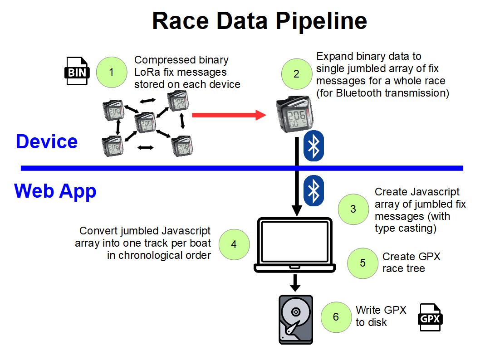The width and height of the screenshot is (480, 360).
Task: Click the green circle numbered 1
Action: [112, 72]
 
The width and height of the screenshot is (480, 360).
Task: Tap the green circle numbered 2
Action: [296, 74]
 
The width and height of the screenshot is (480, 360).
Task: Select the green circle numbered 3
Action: [353, 209]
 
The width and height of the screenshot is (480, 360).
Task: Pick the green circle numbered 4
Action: [234, 244]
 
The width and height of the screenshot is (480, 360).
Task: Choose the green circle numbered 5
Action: [362, 263]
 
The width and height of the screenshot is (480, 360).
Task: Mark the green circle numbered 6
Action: [336, 316]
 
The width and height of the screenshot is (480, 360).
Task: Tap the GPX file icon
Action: [430, 317]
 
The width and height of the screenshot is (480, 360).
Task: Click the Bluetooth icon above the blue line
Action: [313, 146]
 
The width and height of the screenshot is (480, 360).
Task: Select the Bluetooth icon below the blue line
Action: [313, 190]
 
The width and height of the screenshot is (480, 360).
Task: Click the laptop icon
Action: [295, 245]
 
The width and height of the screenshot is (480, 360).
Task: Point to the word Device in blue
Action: [47, 142]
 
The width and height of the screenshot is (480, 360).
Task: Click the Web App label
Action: [55, 190]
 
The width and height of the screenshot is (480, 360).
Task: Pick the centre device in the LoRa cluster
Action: [146, 123]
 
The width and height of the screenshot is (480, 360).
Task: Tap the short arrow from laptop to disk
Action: [295, 283]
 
